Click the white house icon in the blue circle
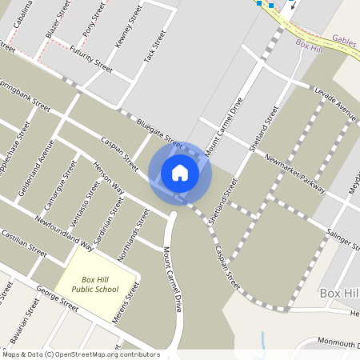click(180, 173)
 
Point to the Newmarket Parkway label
click(297, 170)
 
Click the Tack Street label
click(154, 47)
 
